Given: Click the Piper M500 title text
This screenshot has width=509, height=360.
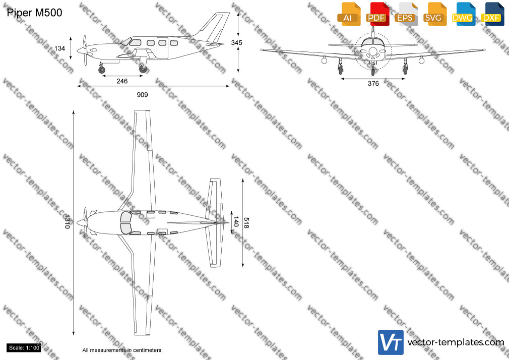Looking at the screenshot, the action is [34, 13].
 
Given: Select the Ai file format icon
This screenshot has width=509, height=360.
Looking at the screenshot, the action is [349, 14].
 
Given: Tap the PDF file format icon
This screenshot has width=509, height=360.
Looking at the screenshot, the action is [378, 14].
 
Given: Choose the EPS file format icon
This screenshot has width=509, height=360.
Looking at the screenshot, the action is [406, 14].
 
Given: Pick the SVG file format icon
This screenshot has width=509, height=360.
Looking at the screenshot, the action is [435, 14].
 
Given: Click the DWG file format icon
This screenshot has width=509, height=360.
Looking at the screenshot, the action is [464, 14].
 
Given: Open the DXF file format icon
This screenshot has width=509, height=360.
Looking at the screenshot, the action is [492, 14].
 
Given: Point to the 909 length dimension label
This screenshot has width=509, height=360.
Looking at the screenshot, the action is [142, 95].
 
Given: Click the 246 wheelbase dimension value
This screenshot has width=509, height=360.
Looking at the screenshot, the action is [122, 81].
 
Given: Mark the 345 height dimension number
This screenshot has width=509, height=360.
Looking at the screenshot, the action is [237, 42].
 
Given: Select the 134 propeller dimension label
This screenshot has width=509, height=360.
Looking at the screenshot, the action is [60, 48].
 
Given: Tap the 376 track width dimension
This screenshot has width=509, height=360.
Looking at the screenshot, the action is [373, 84].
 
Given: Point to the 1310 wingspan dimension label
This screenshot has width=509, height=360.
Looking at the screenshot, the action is [67, 221].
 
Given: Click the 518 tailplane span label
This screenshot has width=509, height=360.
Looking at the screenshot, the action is [246, 223].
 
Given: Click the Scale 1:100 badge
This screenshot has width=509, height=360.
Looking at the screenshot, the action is [24, 348].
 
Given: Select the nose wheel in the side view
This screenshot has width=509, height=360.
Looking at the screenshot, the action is [102, 70].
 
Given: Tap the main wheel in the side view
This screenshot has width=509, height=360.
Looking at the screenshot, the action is [143, 69].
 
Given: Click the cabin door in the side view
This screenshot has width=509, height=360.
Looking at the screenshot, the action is [162, 48].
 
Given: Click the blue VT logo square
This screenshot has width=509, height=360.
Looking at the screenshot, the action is [391, 342].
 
